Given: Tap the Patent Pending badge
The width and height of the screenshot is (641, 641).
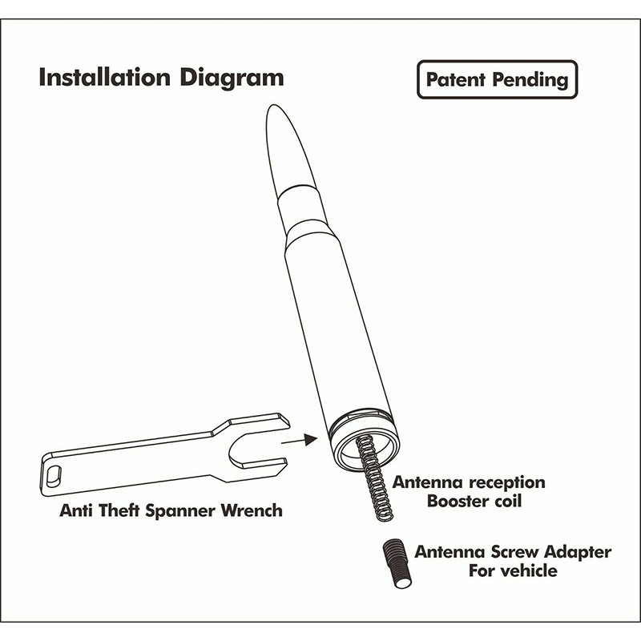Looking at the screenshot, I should point(497,79).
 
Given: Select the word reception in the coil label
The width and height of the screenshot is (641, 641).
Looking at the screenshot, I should point(501,483).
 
